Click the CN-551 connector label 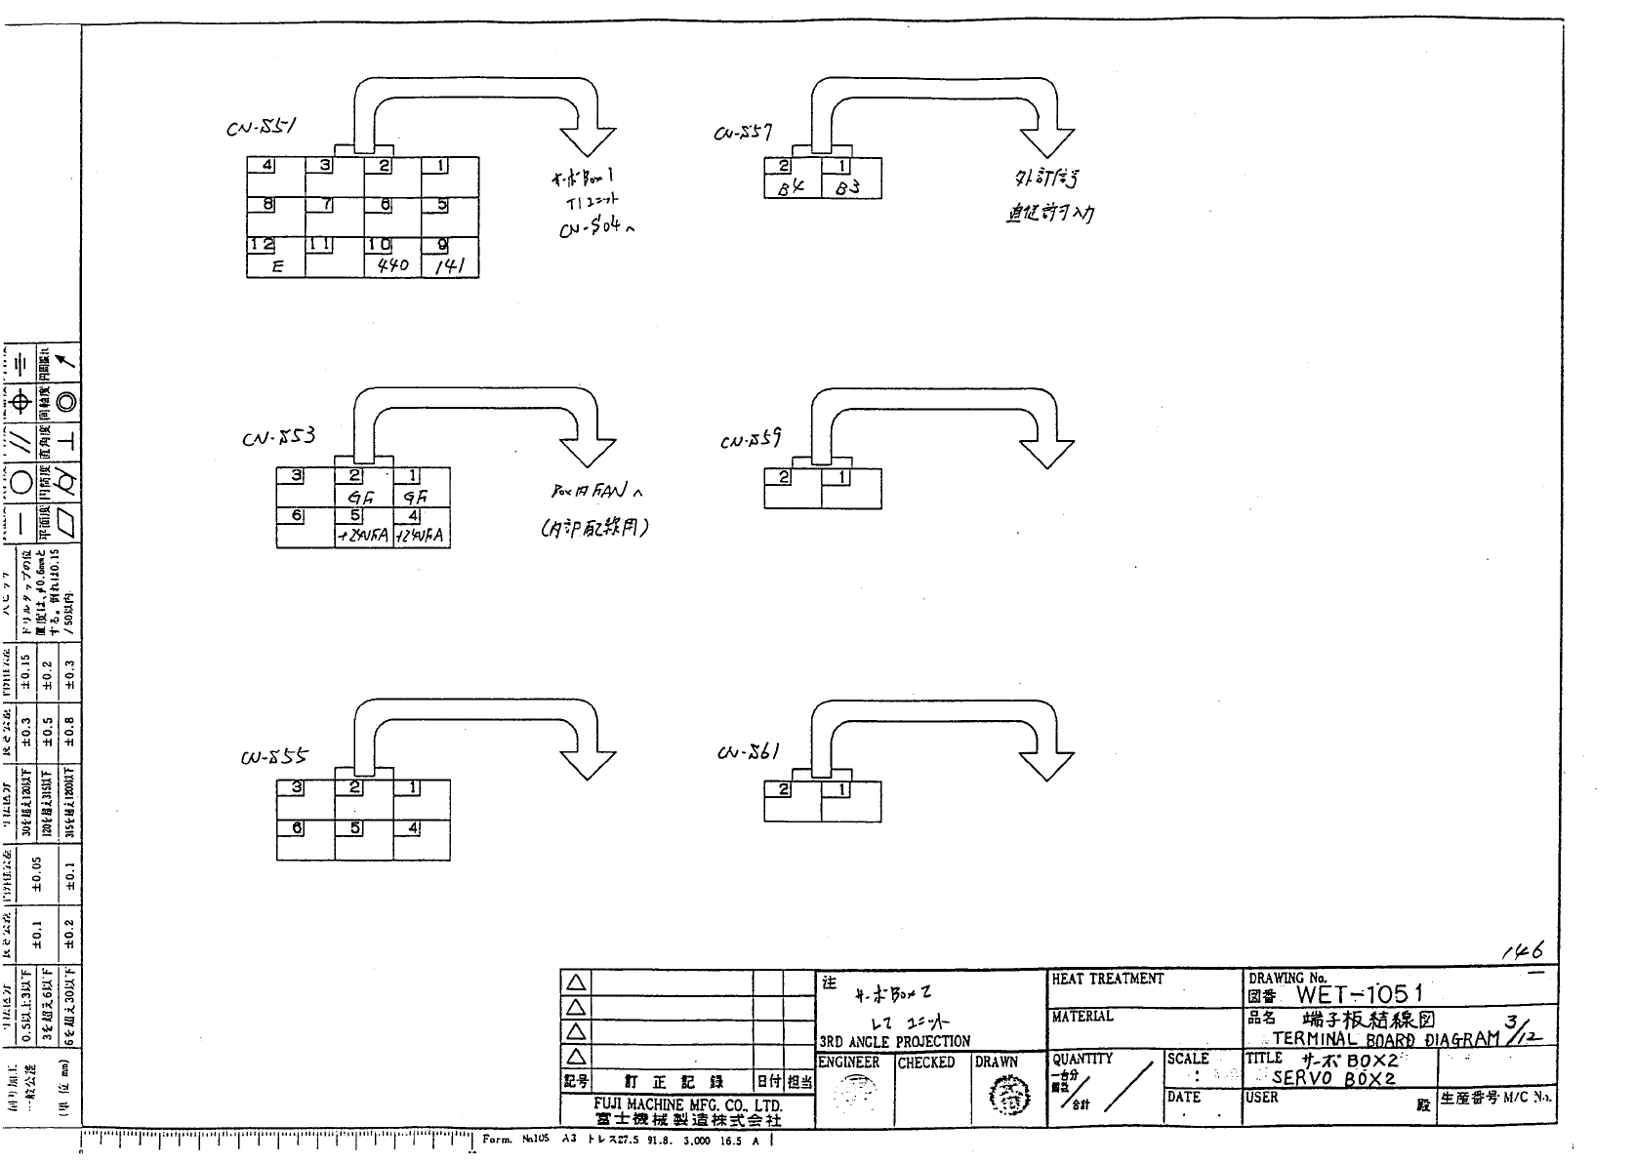click(262, 129)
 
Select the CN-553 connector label click(278, 438)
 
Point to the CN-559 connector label click(751, 440)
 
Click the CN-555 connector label click(274, 757)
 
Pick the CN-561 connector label click(748, 752)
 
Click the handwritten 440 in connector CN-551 click(392, 265)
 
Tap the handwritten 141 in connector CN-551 click(449, 266)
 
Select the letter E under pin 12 click(277, 265)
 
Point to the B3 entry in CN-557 click(848, 187)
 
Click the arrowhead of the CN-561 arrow click(1046, 764)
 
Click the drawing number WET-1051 click(1360, 994)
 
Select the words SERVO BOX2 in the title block click(1334, 1078)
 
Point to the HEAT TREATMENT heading click(1108, 979)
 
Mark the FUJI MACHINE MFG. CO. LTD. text click(688, 1104)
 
